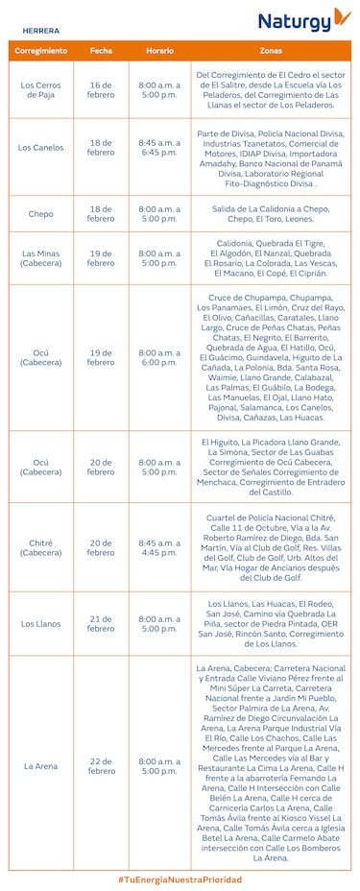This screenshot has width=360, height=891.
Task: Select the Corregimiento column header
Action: (40, 50)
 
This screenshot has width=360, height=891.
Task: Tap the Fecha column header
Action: (101, 50)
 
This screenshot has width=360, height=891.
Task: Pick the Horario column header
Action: (159, 50)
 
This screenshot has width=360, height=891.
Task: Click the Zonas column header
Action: (270, 50)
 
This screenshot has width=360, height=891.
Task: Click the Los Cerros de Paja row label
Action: (40, 90)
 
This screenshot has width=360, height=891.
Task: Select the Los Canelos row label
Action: (40, 148)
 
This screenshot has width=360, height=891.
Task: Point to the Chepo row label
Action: (40, 213)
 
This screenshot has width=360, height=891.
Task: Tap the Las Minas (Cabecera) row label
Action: (40, 258)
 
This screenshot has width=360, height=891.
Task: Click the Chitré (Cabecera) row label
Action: (40, 547)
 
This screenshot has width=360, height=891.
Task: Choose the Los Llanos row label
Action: (40, 624)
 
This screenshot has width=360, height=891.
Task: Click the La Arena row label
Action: (40, 766)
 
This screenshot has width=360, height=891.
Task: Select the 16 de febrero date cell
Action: (101, 90)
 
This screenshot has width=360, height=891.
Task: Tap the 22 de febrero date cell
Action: (101, 766)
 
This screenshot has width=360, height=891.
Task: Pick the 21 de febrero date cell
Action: (101, 624)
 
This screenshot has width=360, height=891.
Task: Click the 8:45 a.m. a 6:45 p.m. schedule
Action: (159, 148)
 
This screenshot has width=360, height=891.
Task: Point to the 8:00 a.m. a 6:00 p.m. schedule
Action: (159, 357)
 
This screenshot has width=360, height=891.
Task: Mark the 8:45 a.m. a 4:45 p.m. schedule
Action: (159, 547)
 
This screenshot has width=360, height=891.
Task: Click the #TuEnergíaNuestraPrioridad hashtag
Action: (180, 879)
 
